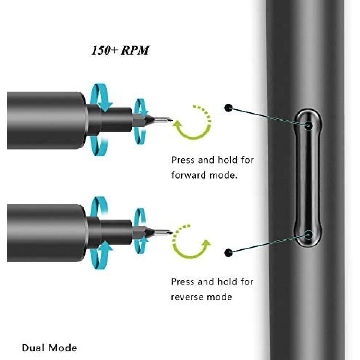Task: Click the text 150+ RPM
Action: pos(120,50)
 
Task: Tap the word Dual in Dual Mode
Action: pos(34,348)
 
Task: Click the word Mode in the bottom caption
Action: pos(63,348)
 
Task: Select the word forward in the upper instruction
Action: pos(189,175)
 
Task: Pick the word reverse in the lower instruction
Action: pos(187,297)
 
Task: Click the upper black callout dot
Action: pos(228,108)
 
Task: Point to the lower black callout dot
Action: pos(228,253)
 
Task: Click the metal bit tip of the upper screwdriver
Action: pos(163,120)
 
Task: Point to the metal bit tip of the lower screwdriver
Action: pos(163,233)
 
